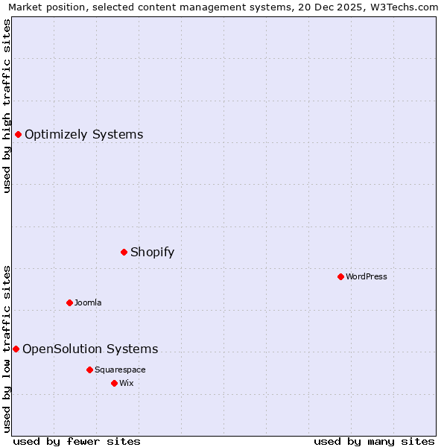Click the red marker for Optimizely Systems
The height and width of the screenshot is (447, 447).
point(18,134)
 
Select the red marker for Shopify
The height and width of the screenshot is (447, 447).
point(124,252)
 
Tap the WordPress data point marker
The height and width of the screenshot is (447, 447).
point(340,276)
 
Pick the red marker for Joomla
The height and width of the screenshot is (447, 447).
point(69,302)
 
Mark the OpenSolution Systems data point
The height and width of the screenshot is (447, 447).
point(16,349)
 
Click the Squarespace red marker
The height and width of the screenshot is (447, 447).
point(89,370)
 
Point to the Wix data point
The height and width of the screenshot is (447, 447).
point(114,383)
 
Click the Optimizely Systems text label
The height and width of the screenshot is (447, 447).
point(83,135)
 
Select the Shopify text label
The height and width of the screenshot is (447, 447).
point(152,252)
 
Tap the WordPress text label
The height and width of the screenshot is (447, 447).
point(367,276)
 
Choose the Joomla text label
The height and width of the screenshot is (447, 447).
point(88,302)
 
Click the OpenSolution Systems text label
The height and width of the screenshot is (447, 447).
point(90,349)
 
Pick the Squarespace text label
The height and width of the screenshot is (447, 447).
point(120,370)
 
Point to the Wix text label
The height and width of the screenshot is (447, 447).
point(127,383)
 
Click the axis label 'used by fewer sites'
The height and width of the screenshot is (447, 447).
point(77,441)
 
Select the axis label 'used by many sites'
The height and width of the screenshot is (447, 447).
point(374,441)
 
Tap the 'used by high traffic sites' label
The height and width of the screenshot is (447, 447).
point(7,106)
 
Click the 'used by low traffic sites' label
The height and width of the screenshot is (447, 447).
point(7,348)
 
